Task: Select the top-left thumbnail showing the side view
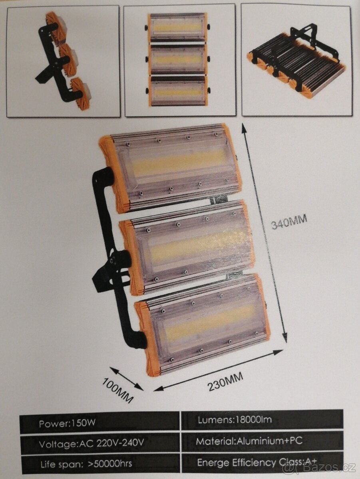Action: [63, 61]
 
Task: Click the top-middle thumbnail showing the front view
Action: [179, 60]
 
